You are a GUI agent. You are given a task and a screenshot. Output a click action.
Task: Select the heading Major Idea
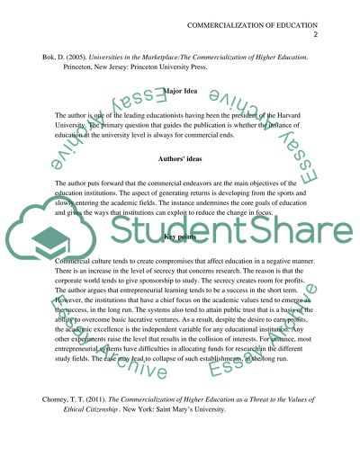(180, 91)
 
